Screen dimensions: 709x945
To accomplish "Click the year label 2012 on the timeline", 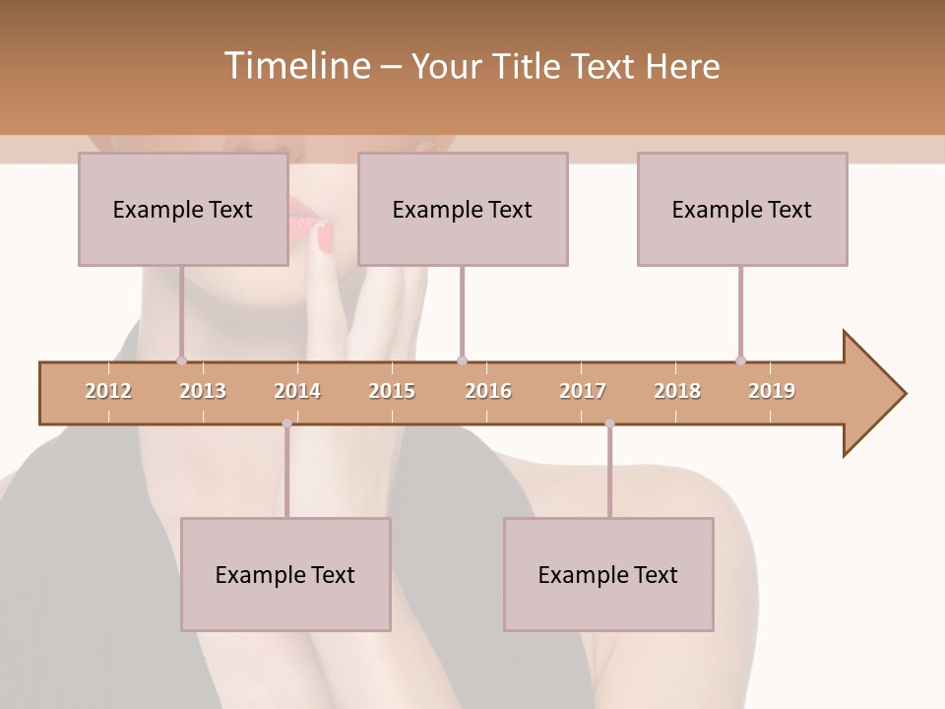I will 108,391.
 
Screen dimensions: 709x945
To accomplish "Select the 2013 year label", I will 203,391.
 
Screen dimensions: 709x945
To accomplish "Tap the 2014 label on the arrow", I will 297,391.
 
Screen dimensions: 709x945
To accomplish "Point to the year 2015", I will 392,391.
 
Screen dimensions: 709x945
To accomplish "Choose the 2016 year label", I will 488,391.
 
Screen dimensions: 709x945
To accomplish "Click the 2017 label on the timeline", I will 583,391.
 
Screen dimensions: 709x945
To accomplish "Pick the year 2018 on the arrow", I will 677,391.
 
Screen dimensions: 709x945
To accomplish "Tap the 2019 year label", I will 772,391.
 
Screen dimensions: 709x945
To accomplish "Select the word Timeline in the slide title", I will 295,66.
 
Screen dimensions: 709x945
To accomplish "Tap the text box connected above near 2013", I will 183,209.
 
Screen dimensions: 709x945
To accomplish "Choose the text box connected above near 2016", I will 463,209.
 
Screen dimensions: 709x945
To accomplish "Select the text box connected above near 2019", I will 742,209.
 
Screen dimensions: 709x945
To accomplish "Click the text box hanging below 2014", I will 285,574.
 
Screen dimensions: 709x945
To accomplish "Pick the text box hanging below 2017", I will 608,574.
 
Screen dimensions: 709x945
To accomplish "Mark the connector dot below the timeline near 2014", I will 286,423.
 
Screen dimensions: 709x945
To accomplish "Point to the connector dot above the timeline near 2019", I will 740,360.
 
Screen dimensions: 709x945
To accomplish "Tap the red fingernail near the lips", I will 325,236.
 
